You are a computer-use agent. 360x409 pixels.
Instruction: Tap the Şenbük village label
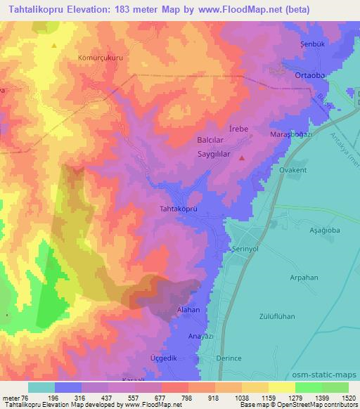tap(304, 44)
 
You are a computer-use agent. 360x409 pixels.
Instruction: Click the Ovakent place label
tap(295, 169)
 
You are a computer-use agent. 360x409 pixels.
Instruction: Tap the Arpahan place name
tap(305, 278)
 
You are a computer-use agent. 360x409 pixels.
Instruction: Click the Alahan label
tap(188, 309)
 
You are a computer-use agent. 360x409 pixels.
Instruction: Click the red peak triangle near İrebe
tap(243, 158)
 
